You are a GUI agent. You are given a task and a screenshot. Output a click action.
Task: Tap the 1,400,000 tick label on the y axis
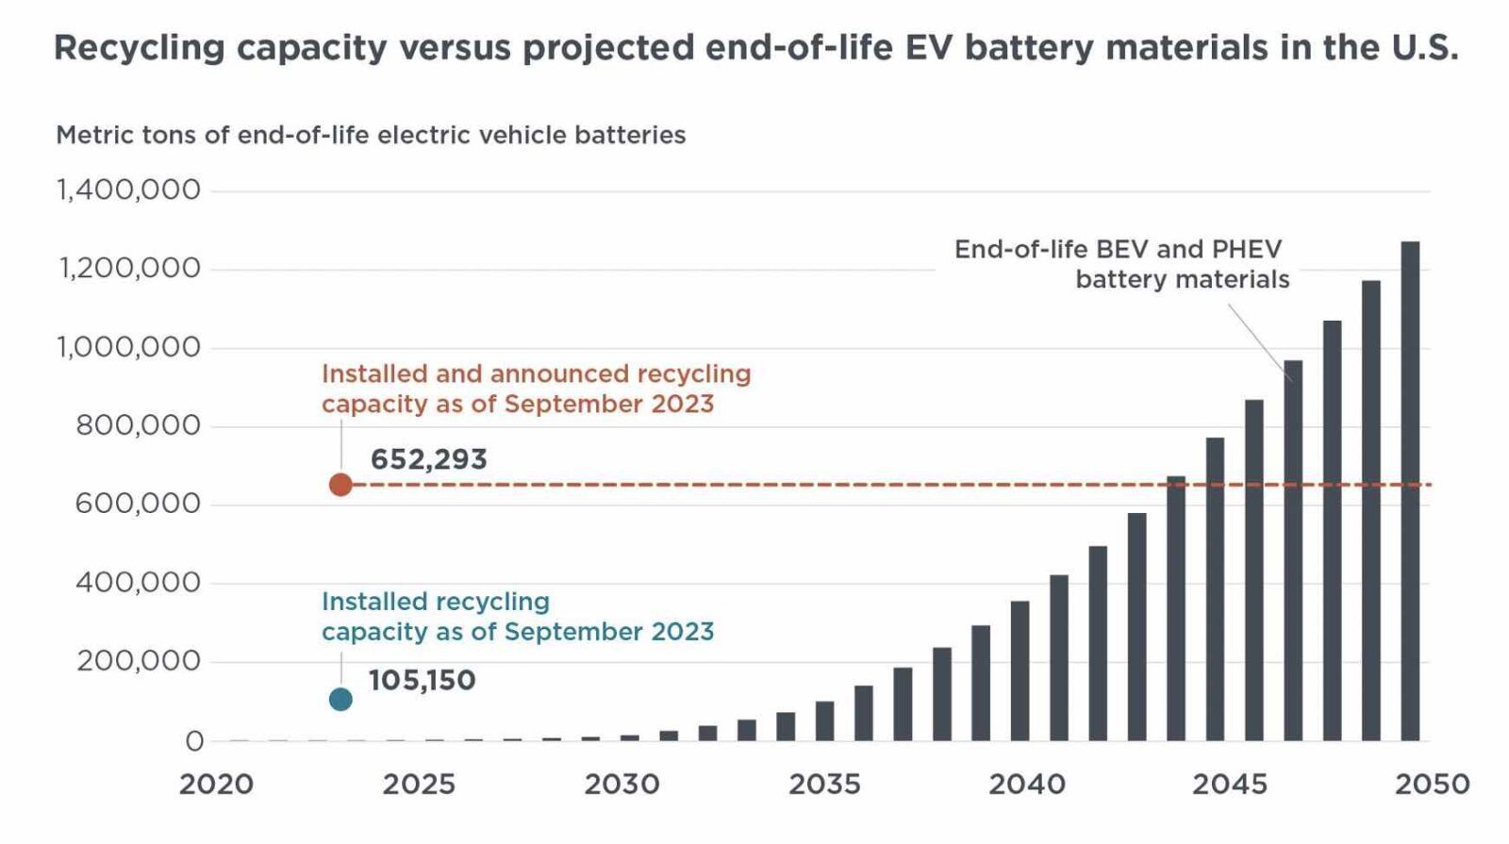[129, 190]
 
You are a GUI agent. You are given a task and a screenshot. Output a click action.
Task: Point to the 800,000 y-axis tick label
[138, 426]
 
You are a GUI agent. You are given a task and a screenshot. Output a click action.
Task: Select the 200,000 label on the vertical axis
[138, 661]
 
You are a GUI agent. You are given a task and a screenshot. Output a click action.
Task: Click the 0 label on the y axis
[193, 741]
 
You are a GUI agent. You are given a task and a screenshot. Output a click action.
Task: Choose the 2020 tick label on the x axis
[217, 785]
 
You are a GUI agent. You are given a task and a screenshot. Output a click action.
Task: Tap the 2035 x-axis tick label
[824, 785]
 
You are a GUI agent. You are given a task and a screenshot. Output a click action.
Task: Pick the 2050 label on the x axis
[1433, 785]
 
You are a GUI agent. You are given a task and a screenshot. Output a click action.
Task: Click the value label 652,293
[428, 459]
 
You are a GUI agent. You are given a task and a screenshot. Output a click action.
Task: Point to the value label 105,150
[422, 680]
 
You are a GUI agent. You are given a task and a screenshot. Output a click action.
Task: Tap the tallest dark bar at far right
[1410, 490]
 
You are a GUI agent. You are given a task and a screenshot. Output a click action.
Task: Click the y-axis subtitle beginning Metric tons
[371, 135]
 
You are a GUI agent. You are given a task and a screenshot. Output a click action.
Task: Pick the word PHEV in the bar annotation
[1247, 249]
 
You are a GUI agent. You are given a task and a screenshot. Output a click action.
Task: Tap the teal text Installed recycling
[435, 602]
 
